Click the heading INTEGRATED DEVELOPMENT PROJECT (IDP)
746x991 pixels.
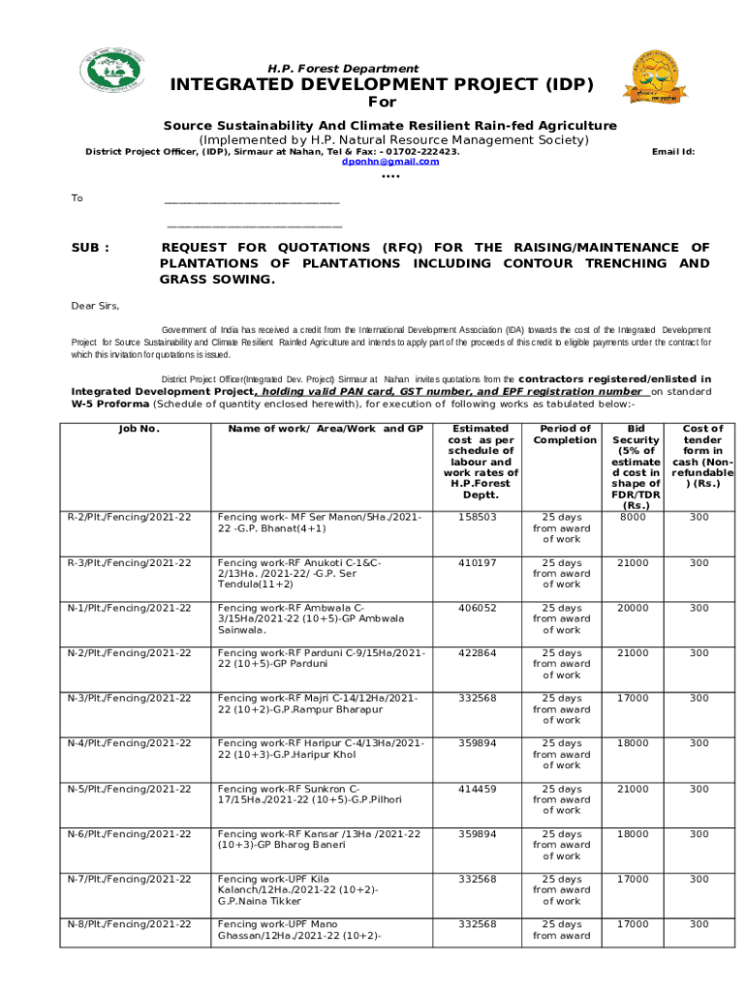click(382, 85)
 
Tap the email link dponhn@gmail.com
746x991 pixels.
click(390, 162)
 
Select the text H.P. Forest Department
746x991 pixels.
click(343, 69)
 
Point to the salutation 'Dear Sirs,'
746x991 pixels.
click(96, 306)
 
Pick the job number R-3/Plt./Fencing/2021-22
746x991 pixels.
click(129, 563)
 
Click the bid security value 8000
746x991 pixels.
click(633, 518)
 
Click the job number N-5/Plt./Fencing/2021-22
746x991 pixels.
click(129, 789)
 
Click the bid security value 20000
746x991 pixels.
click(633, 608)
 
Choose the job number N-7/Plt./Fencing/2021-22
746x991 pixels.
click(129, 879)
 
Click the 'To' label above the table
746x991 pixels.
click(78, 198)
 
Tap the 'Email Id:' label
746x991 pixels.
click(673, 152)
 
